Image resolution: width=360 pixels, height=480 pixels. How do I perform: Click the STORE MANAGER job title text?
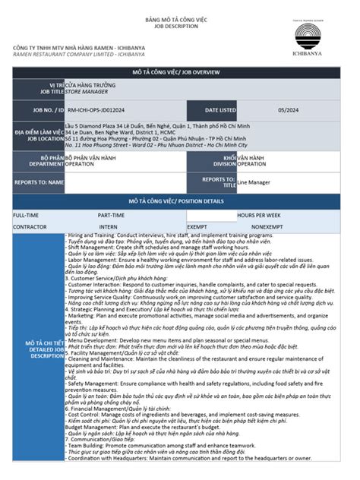click(85, 90)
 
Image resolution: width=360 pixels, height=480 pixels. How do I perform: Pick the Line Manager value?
click(254, 182)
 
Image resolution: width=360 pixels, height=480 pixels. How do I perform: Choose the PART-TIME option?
click(111, 215)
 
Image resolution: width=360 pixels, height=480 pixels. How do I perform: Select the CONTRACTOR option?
click(30, 226)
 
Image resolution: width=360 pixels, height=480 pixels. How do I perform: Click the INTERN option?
click(108, 226)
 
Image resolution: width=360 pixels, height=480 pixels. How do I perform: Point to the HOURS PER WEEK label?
click(258, 215)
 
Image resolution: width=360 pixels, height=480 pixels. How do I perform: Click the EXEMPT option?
click(197, 226)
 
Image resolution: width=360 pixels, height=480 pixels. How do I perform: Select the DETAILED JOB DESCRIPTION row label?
click(37, 349)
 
